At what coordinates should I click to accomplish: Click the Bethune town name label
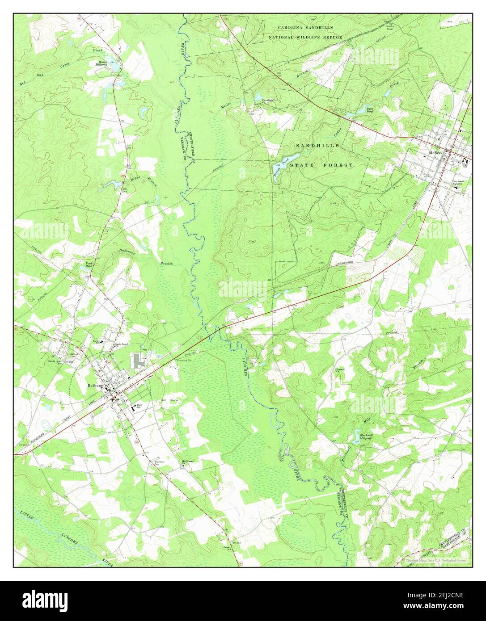96,385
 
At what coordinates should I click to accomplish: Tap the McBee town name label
435,152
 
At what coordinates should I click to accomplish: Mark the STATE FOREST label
321,165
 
